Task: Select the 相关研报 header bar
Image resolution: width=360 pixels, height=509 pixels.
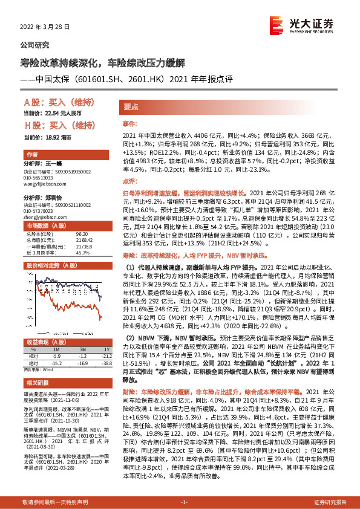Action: click(x=37, y=384)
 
